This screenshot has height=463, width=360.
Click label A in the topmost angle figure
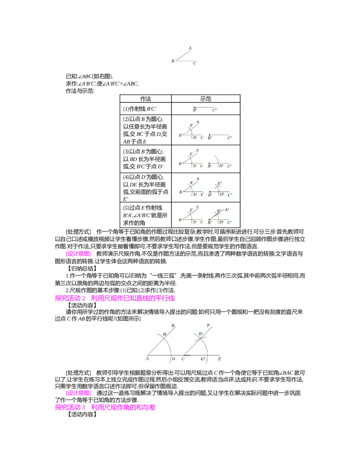click(x=190, y=48)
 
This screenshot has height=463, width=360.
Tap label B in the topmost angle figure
click(x=172, y=61)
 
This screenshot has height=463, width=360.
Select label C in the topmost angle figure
click(x=194, y=64)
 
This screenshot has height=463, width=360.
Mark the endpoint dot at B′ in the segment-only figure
click(x=194, y=108)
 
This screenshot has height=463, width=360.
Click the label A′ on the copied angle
click(x=227, y=210)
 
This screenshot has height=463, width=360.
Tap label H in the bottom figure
click(x=164, y=334)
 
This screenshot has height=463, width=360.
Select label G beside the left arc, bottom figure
click(x=174, y=359)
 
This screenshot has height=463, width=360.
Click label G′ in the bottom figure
click(x=203, y=359)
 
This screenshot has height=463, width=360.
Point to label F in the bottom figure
click(x=208, y=325)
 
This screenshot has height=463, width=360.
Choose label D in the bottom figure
click(x=200, y=334)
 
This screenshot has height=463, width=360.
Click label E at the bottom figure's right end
click(x=219, y=359)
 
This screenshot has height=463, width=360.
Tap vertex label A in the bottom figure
click(x=147, y=359)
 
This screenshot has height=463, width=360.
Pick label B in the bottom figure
click(x=173, y=325)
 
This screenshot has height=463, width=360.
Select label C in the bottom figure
click(x=183, y=359)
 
